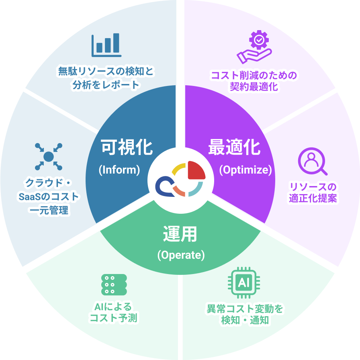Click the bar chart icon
pyautogui.click(x=106, y=45)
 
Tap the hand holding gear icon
pyautogui.click(x=254, y=47)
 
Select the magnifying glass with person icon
pyautogui.click(x=313, y=162)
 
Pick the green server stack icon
pyautogui.click(x=114, y=285)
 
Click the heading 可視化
pyautogui.click(x=127, y=147)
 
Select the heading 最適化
pyautogui.click(x=234, y=147)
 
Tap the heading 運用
pyautogui.click(x=180, y=234)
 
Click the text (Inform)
pyautogui.click(x=119, y=170)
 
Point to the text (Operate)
pyautogui.click(x=181, y=255)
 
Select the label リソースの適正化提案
pyautogui.click(x=313, y=192)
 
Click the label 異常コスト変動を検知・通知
pyautogui.click(x=245, y=315)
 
